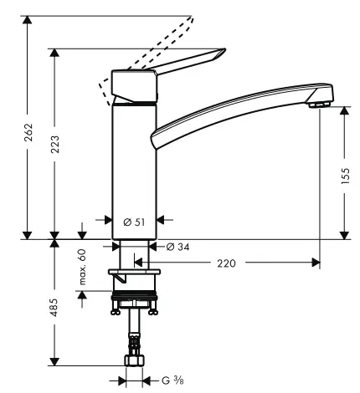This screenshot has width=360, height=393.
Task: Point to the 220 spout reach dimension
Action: (226, 263)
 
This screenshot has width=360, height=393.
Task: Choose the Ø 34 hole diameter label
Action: (176, 247)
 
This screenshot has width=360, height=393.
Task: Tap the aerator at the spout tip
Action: (316, 104)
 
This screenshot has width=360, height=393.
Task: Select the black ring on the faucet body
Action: (134, 104)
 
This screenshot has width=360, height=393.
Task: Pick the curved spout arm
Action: (234, 109)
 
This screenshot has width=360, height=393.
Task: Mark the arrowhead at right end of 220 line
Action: (316, 263)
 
